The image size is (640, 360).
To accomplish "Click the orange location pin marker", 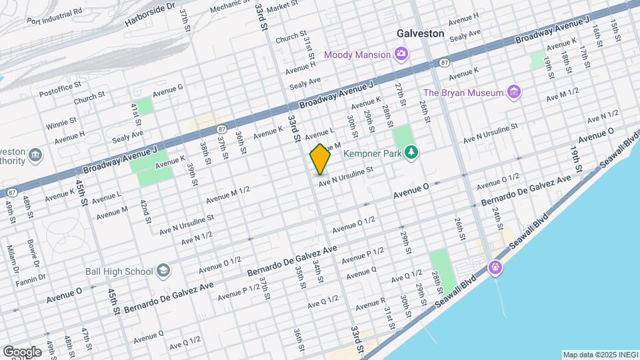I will [320, 159].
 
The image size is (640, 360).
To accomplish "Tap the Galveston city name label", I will [420, 33].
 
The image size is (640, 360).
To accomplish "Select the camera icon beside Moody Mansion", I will [401, 53].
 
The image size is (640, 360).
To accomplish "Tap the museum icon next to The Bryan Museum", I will [513, 92].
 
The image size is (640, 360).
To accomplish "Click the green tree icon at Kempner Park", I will [411, 153].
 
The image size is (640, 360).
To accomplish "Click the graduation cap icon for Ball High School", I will [163, 271].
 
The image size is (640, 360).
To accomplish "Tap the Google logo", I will [22, 351].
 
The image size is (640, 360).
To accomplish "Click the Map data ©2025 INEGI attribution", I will [599, 355].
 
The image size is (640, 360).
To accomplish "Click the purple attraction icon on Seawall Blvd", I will [495, 267].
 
